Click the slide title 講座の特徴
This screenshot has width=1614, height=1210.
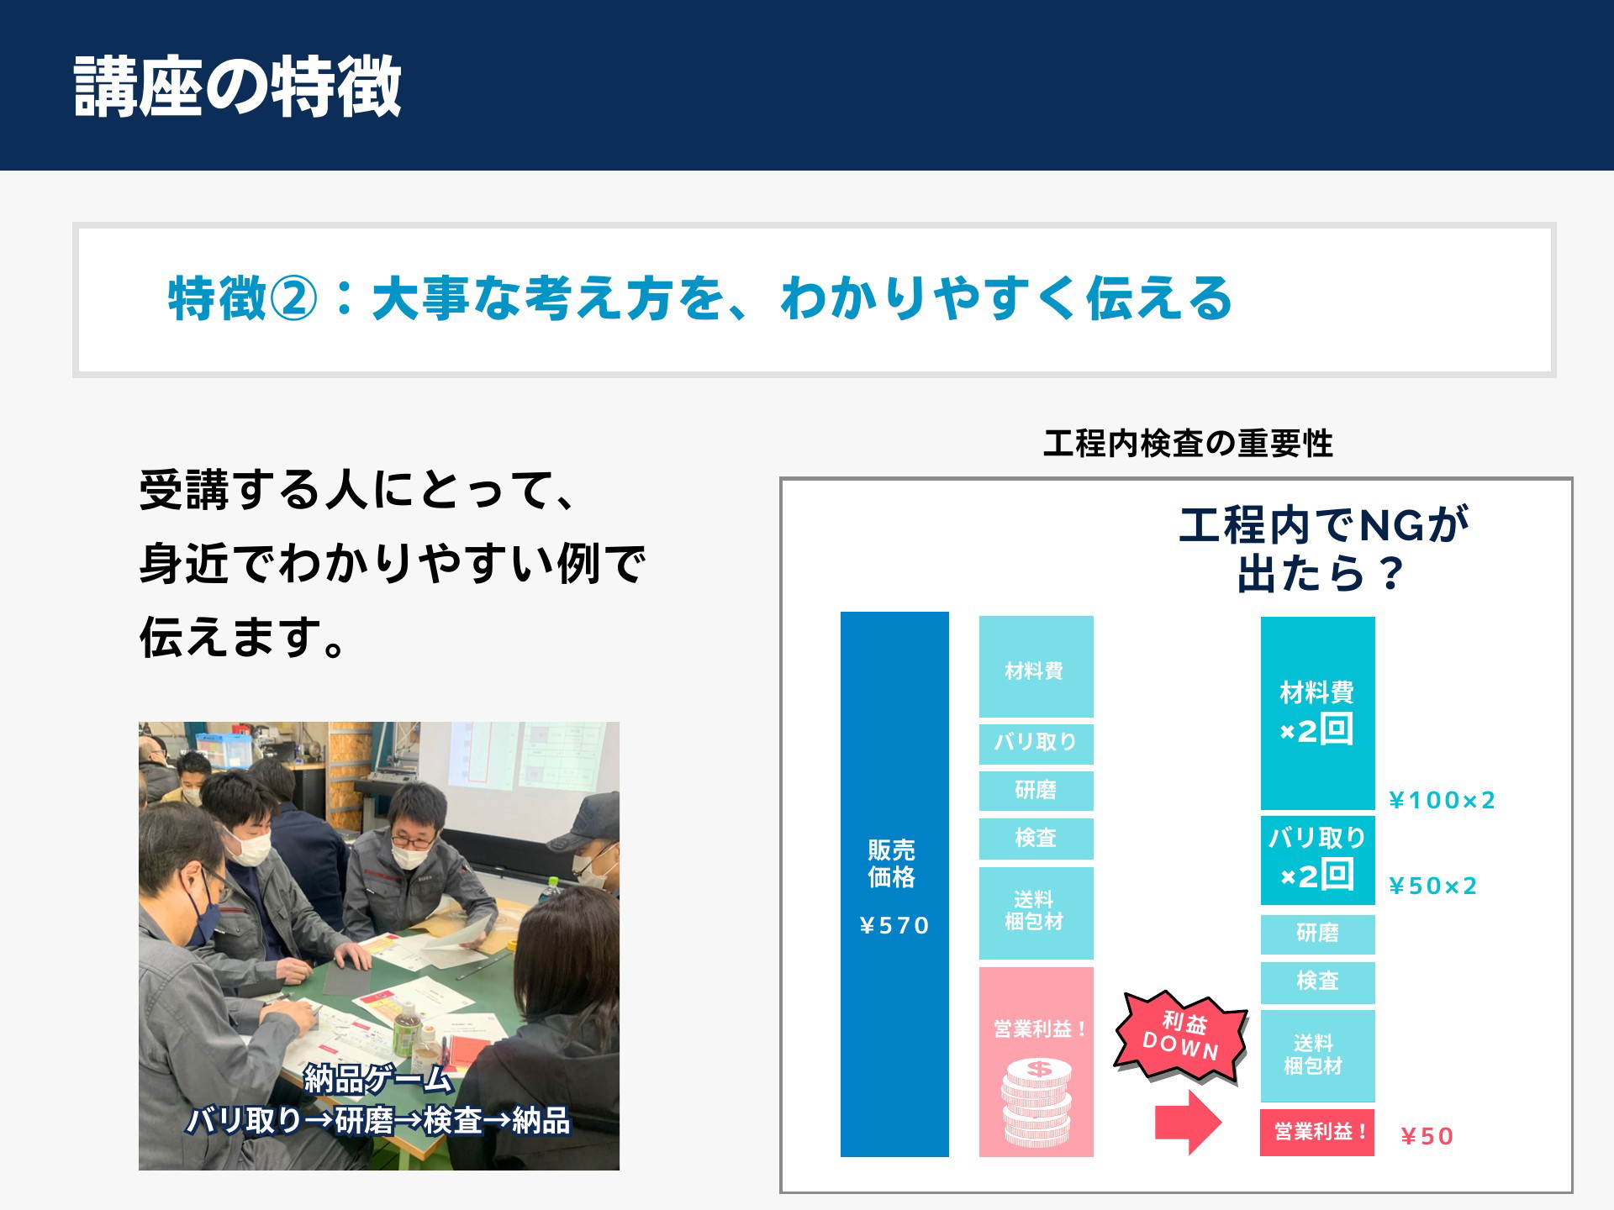click(x=237, y=87)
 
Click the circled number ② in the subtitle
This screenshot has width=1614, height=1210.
click(x=293, y=298)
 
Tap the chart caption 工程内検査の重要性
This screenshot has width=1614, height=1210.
click(x=1188, y=444)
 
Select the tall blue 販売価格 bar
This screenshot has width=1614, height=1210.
click(x=894, y=884)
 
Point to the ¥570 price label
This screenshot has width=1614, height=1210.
click(x=894, y=926)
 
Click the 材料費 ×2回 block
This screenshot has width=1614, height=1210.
click(x=1317, y=713)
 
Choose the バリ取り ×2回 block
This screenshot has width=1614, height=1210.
click(x=1317, y=860)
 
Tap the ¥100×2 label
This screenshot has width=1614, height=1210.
click(x=1442, y=800)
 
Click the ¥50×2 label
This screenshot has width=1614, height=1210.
click(x=1432, y=886)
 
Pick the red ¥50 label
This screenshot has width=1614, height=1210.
click(x=1427, y=1136)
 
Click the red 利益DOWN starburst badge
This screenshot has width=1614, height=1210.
click(x=1180, y=1036)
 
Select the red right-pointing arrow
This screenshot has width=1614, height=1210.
click(x=1188, y=1122)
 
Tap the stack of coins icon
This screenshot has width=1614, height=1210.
click(x=1037, y=1102)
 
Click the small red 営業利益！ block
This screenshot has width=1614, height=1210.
click(x=1317, y=1132)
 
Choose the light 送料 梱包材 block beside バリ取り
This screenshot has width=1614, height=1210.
click(x=1036, y=913)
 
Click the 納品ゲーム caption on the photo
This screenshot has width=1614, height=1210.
click(x=377, y=1078)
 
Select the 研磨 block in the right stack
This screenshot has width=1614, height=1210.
click(x=1317, y=934)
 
